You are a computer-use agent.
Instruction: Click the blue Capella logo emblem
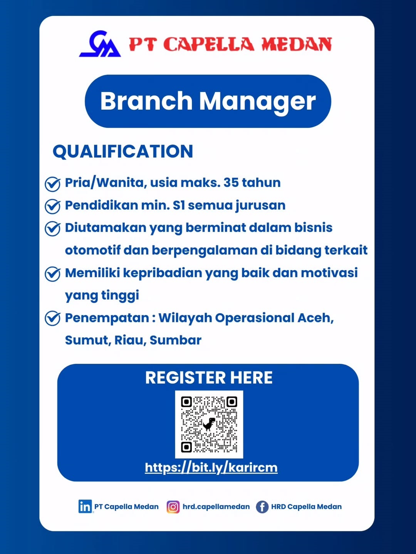point(100,44)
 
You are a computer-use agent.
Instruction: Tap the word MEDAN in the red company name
point(297,45)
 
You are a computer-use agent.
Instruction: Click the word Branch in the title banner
point(146,101)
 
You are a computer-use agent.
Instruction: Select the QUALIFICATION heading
point(123,152)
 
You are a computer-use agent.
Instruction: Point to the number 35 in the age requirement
point(231,182)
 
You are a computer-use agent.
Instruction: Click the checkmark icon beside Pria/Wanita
point(52,184)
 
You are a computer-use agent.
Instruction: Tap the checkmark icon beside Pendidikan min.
point(52,206)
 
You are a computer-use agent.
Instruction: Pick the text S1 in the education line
point(179,205)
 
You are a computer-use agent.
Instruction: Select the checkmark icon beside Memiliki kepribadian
point(52,274)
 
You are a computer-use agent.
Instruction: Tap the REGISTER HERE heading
point(209,378)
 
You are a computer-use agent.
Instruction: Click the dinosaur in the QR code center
point(209,424)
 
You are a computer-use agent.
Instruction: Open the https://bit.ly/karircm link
point(211,467)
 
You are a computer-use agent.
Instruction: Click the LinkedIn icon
point(85,506)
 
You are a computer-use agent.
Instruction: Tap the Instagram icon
point(173,507)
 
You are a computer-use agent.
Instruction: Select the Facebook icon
point(262,507)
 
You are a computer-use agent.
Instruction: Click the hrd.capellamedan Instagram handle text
point(216,507)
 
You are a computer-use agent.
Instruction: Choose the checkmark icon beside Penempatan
point(52,319)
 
